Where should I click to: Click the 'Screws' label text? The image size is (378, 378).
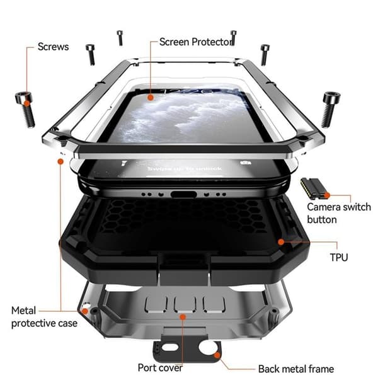[54, 47]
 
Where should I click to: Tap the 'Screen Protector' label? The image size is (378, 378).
[195, 42]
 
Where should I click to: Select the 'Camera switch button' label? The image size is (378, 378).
[339, 213]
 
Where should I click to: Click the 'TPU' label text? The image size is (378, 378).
[339, 257]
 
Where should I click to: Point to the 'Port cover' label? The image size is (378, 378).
[160, 368]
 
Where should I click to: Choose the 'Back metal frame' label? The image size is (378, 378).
[296, 369]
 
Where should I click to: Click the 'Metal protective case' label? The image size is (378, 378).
[44, 317]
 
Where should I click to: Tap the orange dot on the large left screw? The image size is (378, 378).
[27, 103]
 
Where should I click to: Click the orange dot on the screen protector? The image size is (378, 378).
[151, 98]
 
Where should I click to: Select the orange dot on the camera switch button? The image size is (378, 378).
[327, 195]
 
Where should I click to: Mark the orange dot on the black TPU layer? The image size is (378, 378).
[281, 242]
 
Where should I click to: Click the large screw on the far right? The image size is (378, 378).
[329, 109]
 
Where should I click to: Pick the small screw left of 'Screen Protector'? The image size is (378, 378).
[120, 38]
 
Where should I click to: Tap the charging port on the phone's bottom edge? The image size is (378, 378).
[183, 194]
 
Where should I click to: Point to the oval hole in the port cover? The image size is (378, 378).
[170, 347]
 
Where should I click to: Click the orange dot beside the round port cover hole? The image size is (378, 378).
[217, 355]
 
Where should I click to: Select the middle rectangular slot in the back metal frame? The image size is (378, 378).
[184, 304]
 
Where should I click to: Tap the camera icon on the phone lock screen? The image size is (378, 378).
[246, 163]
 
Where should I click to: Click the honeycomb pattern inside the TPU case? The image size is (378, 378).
[183, 216]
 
